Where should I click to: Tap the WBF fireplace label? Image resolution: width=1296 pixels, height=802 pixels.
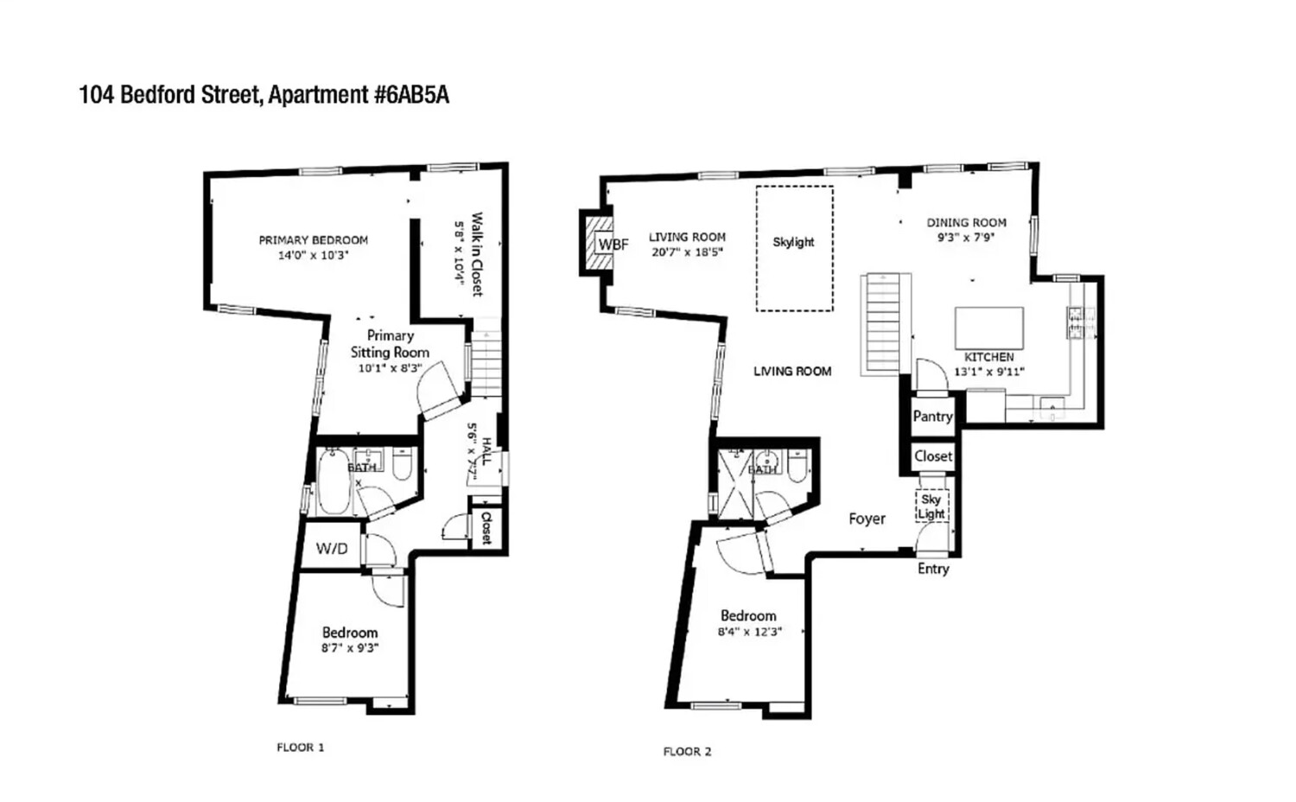[613, 245]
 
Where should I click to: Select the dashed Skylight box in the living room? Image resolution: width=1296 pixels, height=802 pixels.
[794, 248]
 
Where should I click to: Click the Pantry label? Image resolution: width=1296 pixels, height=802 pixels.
[932, 417]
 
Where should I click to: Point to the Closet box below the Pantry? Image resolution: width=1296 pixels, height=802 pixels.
[932, 456]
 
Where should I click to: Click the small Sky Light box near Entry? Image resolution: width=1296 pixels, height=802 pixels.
[931, 506]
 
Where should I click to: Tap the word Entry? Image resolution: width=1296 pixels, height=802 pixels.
[932, 569]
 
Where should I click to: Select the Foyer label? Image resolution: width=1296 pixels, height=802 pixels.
[867, 519]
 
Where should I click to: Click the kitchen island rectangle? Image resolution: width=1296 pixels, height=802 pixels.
[988, 328]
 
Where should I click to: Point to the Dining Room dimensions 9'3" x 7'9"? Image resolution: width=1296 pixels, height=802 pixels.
[966, 238]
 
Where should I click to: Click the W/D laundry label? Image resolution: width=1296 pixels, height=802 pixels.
[332, 549]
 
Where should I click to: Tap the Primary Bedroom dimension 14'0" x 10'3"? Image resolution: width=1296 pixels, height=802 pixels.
[313, 256]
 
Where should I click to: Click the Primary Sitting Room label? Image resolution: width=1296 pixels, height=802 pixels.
[390, 344]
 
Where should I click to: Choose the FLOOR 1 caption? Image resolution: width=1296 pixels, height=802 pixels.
[300, 748]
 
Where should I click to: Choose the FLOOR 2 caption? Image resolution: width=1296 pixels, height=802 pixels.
[687, 752]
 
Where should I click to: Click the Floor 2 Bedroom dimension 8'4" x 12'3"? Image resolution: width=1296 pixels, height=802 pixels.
[749, 632]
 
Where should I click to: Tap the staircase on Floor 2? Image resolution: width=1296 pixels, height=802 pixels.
[885, 324]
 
